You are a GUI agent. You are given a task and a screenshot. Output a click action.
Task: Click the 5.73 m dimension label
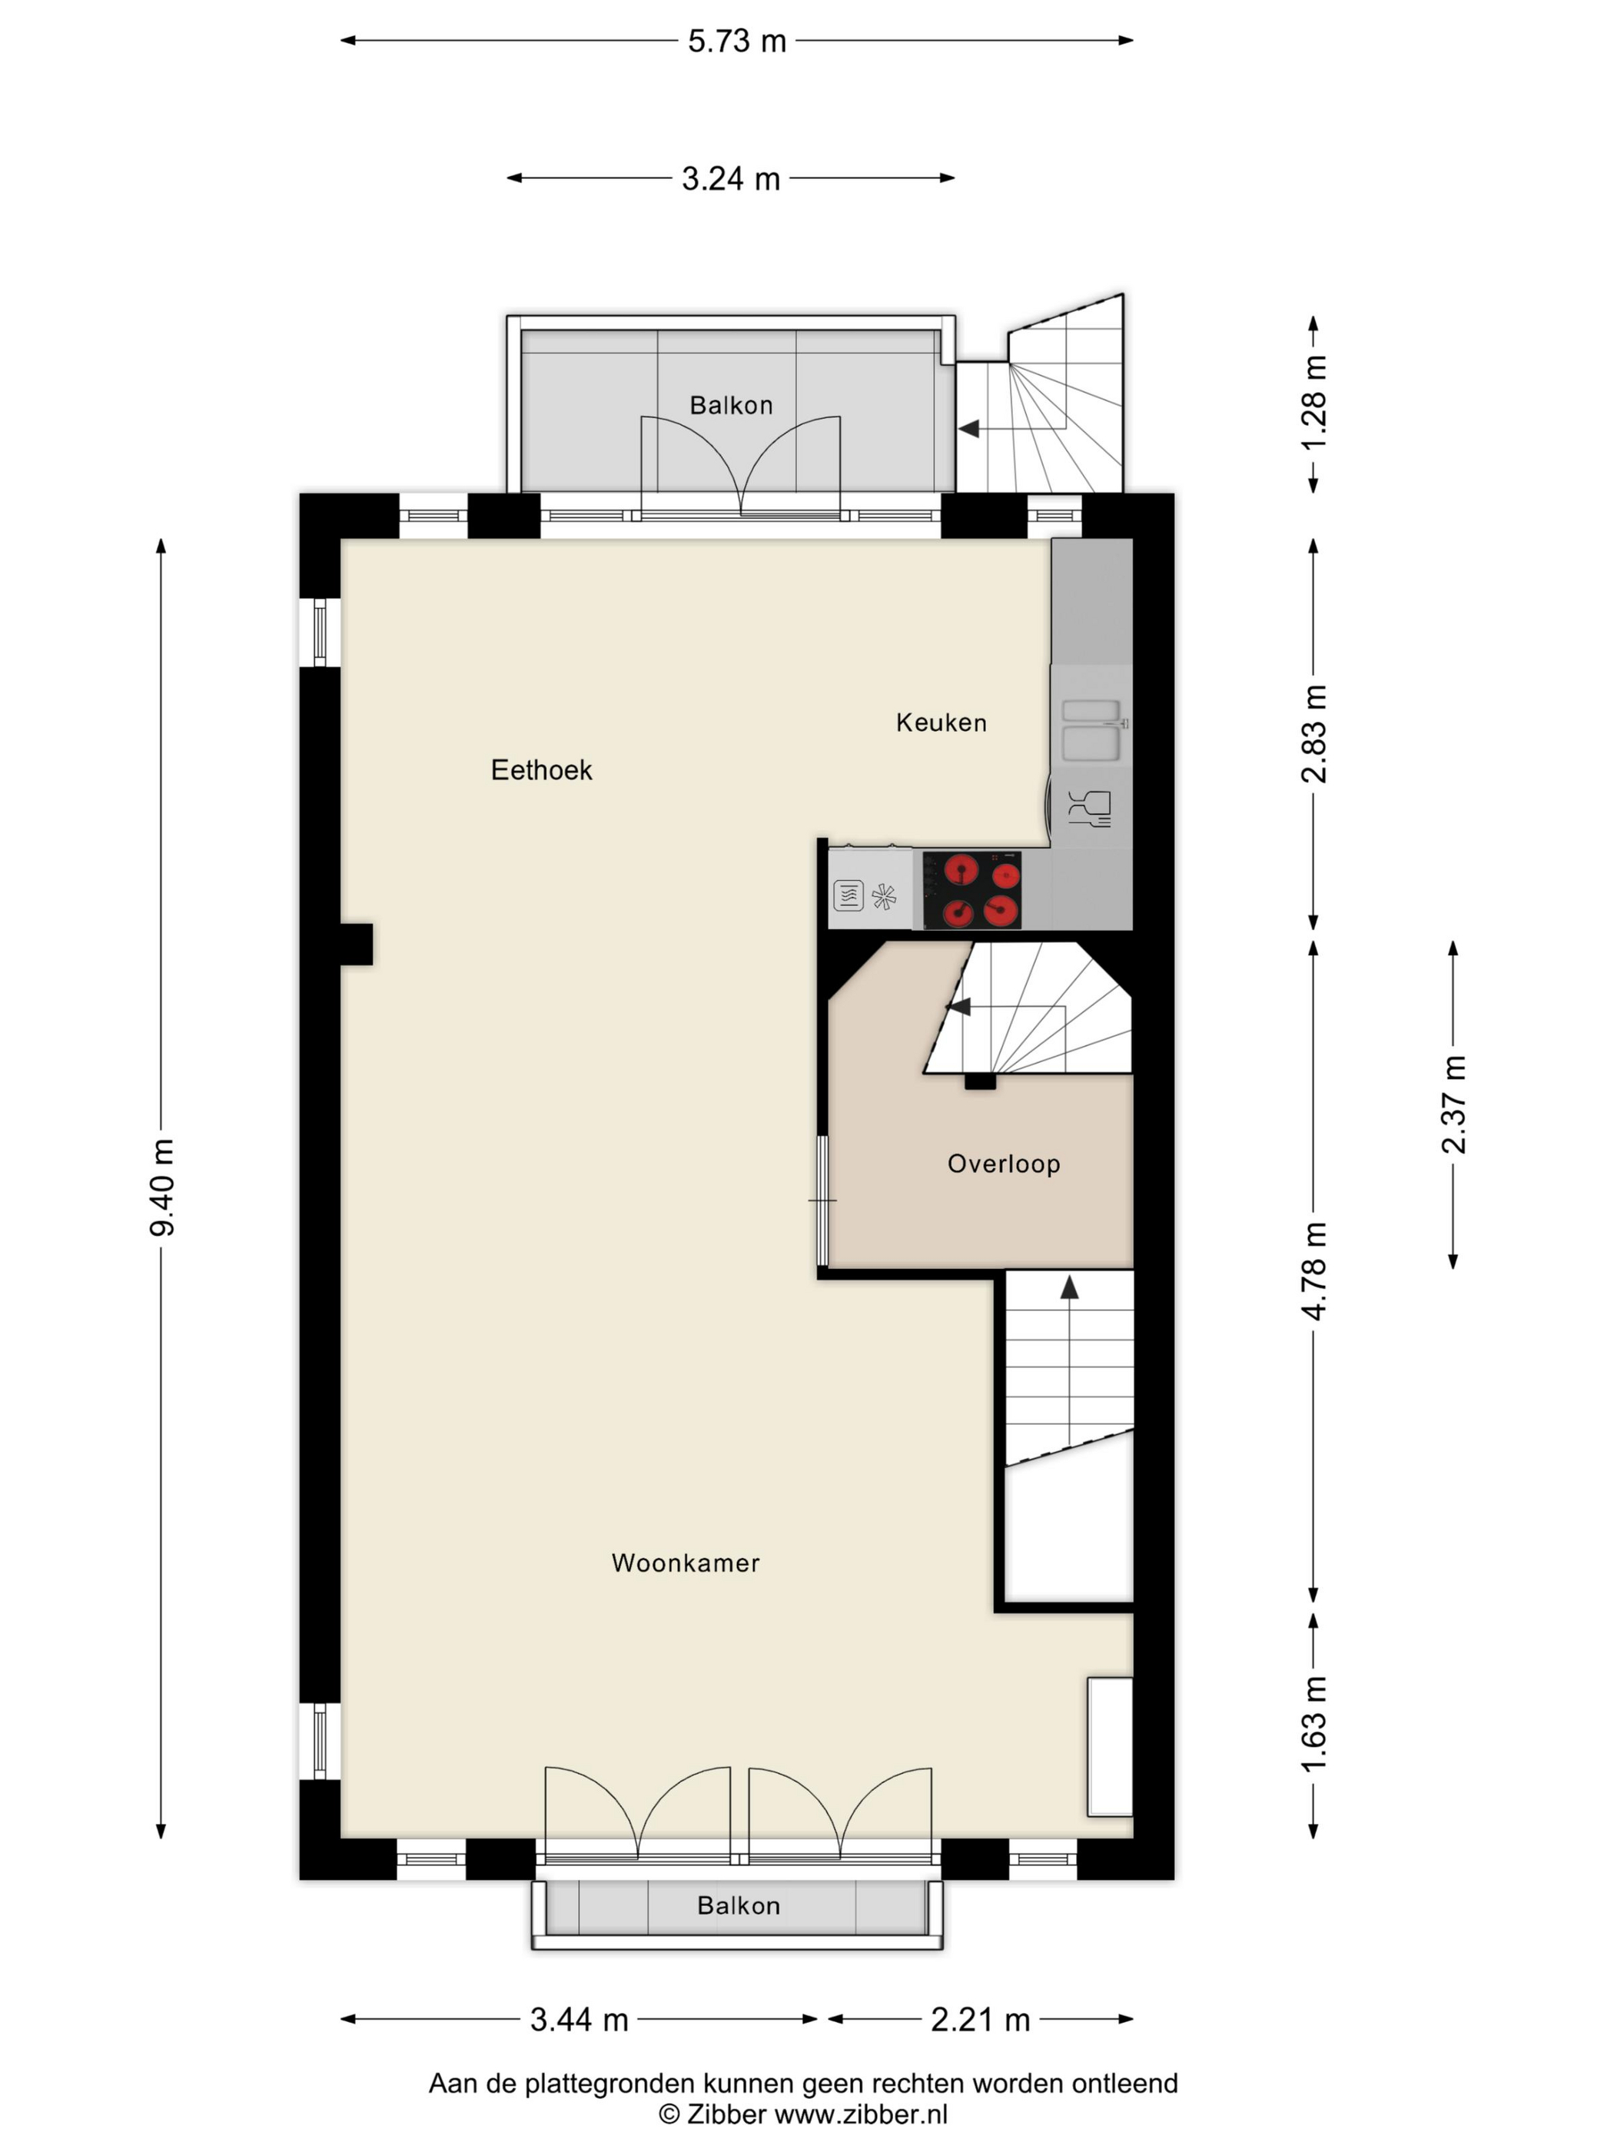pyautogui.click(x=736, y=41)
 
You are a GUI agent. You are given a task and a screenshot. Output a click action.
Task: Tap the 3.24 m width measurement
pyautogui.click(x=731, y=179)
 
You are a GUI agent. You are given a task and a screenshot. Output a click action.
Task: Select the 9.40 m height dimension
pyautogui.click(x=161, y=1187)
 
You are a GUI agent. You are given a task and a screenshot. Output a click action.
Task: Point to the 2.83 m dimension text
pyautogui.click(x=1313, y=733)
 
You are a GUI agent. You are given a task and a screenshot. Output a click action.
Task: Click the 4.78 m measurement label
pyautogui.click(x=1313, y=1270)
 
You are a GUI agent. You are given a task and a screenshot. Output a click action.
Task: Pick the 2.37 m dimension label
pyautogui.click(x=1453, y=1104)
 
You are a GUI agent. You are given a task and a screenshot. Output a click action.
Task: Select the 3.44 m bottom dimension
pyautogui.click(x=579, y=2020)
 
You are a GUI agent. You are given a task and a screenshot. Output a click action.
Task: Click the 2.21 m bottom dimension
pyautogui.click(x=980, y=2020)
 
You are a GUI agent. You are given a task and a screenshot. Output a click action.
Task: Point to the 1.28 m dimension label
pyautogui.click(x=1313, y=403)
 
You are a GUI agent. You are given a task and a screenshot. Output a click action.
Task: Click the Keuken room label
pyautogui.click(x=941, y=723)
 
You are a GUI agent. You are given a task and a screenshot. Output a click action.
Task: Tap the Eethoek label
pyautogui.click(x=541, y=771)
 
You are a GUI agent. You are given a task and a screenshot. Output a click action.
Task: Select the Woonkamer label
pyautogui.click(x=685, y=1563)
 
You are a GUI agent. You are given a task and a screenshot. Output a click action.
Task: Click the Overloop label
pyautogui.click(x=1003, y=1164)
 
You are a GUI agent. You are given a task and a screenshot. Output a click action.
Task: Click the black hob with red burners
pyautogui.click(x=972, y=890)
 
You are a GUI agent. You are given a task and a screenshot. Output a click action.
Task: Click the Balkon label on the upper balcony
pyautogui.click(x=731, y=406)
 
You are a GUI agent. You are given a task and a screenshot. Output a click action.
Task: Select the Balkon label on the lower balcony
pyautogui.click(x=739, y=1906)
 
